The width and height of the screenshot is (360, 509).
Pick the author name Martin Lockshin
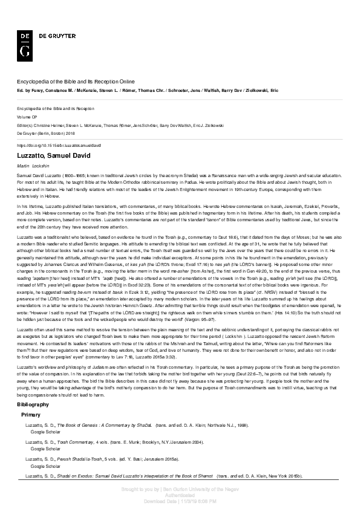[33, 165]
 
